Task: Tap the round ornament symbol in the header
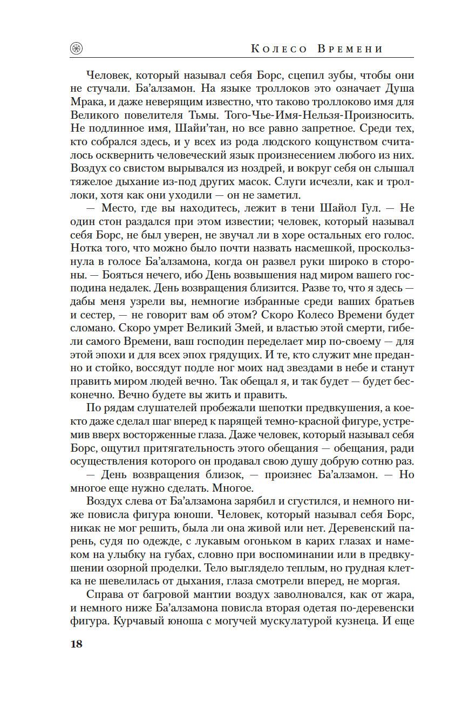pos(77,49)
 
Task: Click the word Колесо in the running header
pos(280,49)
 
